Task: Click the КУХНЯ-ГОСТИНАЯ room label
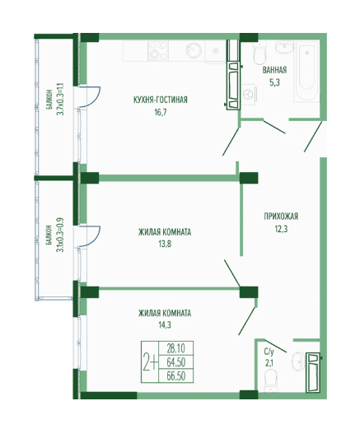(161, 100)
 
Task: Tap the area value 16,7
(161, 113)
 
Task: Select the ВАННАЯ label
(274, 70)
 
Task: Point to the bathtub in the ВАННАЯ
(306, 71)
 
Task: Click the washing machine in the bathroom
(250, 94)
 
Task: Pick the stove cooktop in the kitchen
(158, 50)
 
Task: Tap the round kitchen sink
(194, 50)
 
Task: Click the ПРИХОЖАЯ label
(281, 217)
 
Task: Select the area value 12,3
(281, 229)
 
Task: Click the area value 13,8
(165, 244)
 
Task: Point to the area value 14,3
(165, 325)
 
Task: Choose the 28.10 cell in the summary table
(176, 348)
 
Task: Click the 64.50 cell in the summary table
(176, 362)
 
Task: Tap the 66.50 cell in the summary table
(176, 376)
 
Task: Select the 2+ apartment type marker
(150, 362)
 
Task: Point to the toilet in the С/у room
(270, 380)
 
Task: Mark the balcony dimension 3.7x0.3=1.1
(60, 100)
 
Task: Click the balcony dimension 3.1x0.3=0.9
(60, 235)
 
